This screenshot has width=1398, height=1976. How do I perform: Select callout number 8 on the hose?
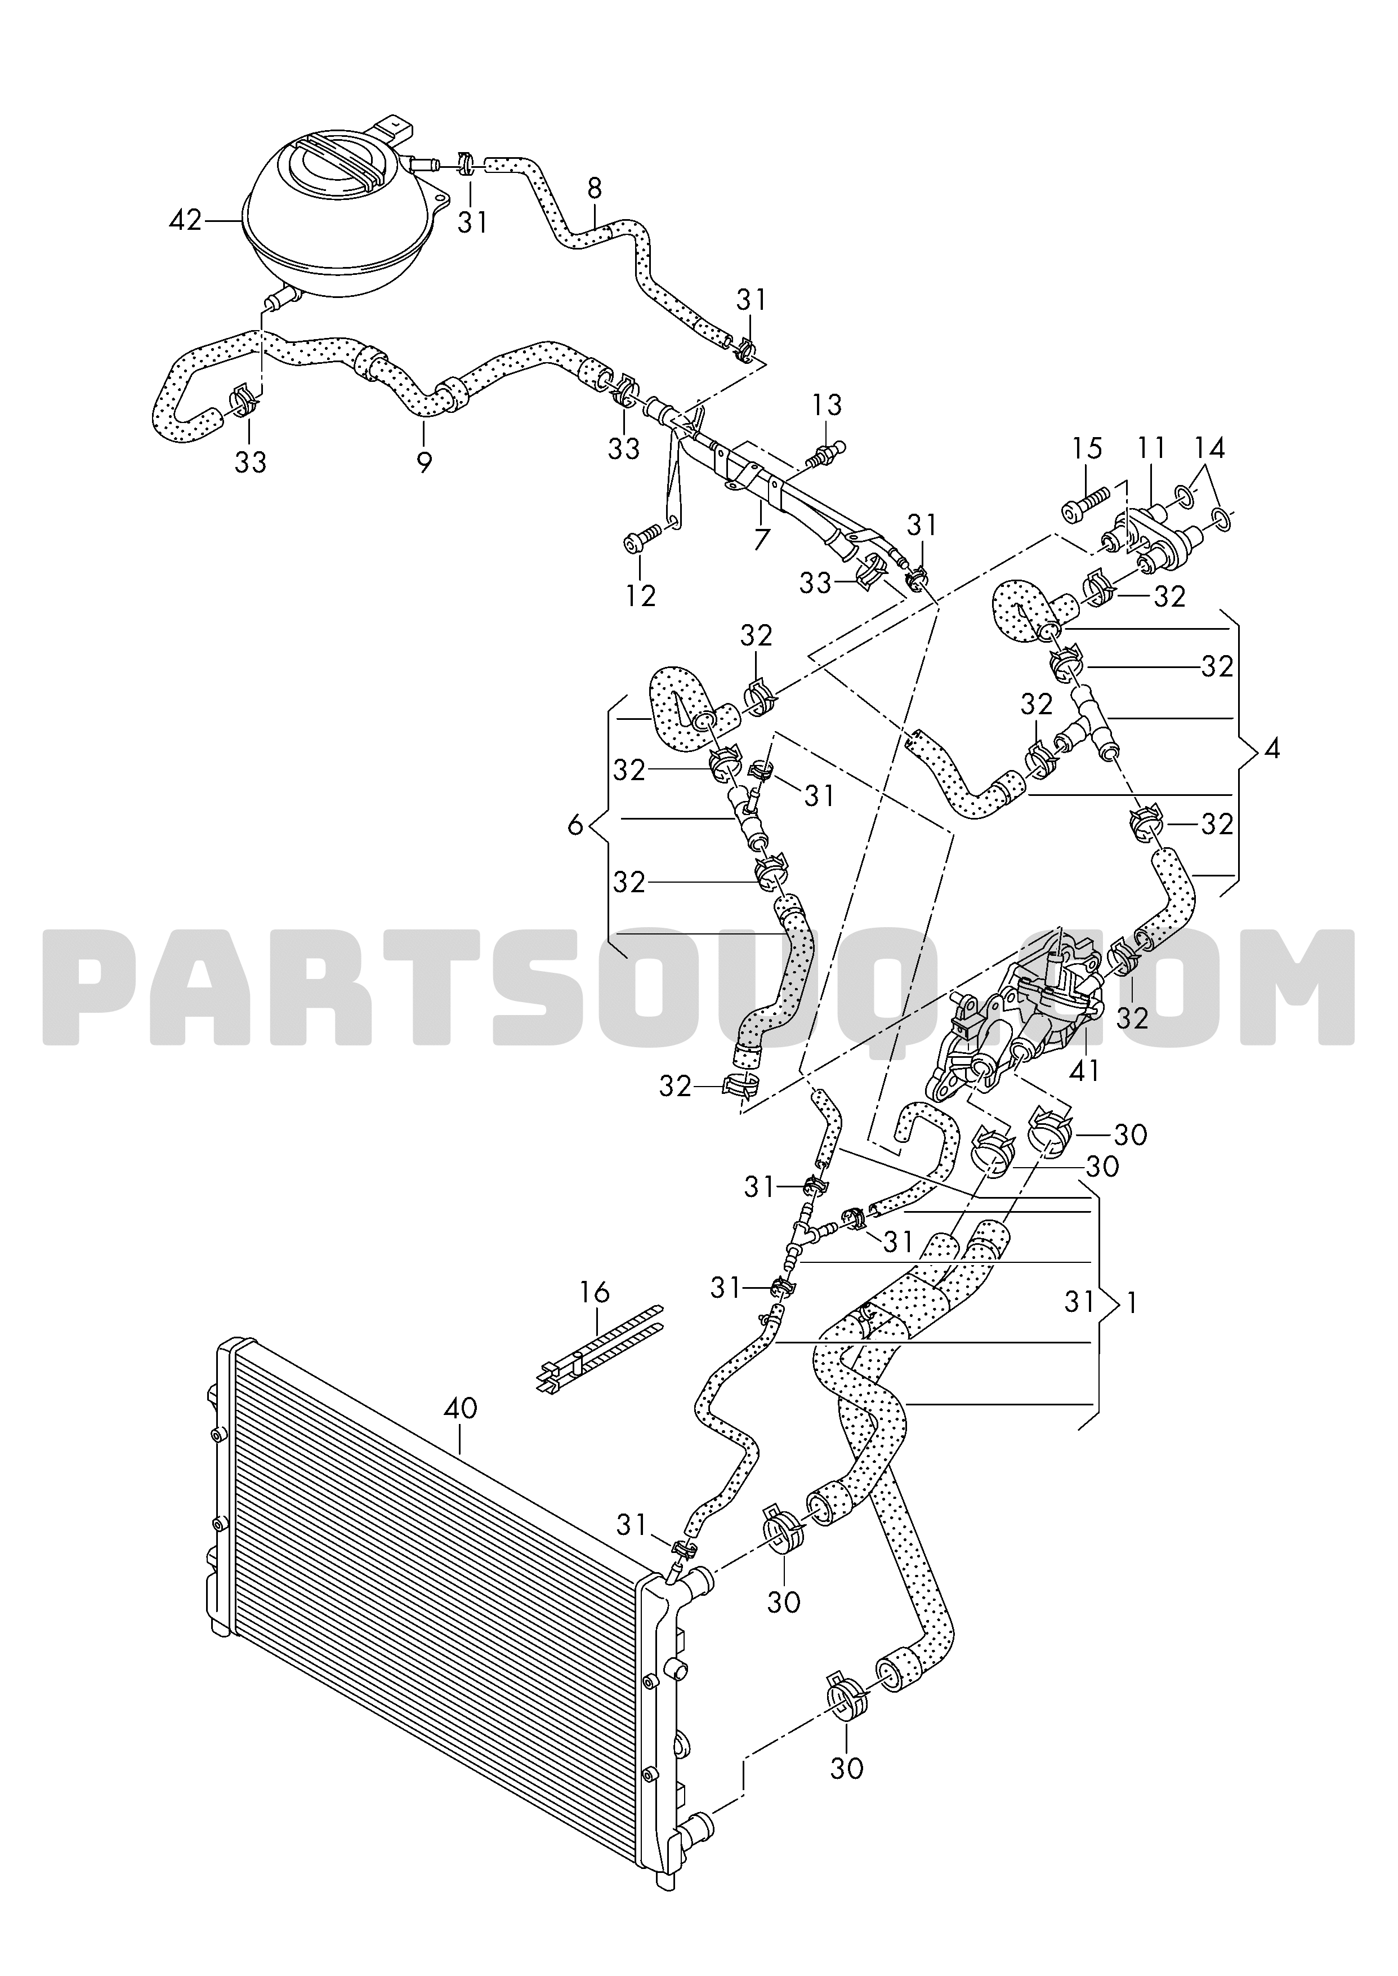(x=595, y=187)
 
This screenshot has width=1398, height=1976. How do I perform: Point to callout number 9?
(x=423, y=463)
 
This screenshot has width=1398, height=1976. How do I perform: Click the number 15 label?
(x=1087, y=448)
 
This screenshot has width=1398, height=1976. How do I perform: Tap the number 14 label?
(x=1209, y=448)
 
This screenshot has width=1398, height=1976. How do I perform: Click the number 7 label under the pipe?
(x=762, y=540)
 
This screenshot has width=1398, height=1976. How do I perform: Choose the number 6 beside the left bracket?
(x=575, y=826)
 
